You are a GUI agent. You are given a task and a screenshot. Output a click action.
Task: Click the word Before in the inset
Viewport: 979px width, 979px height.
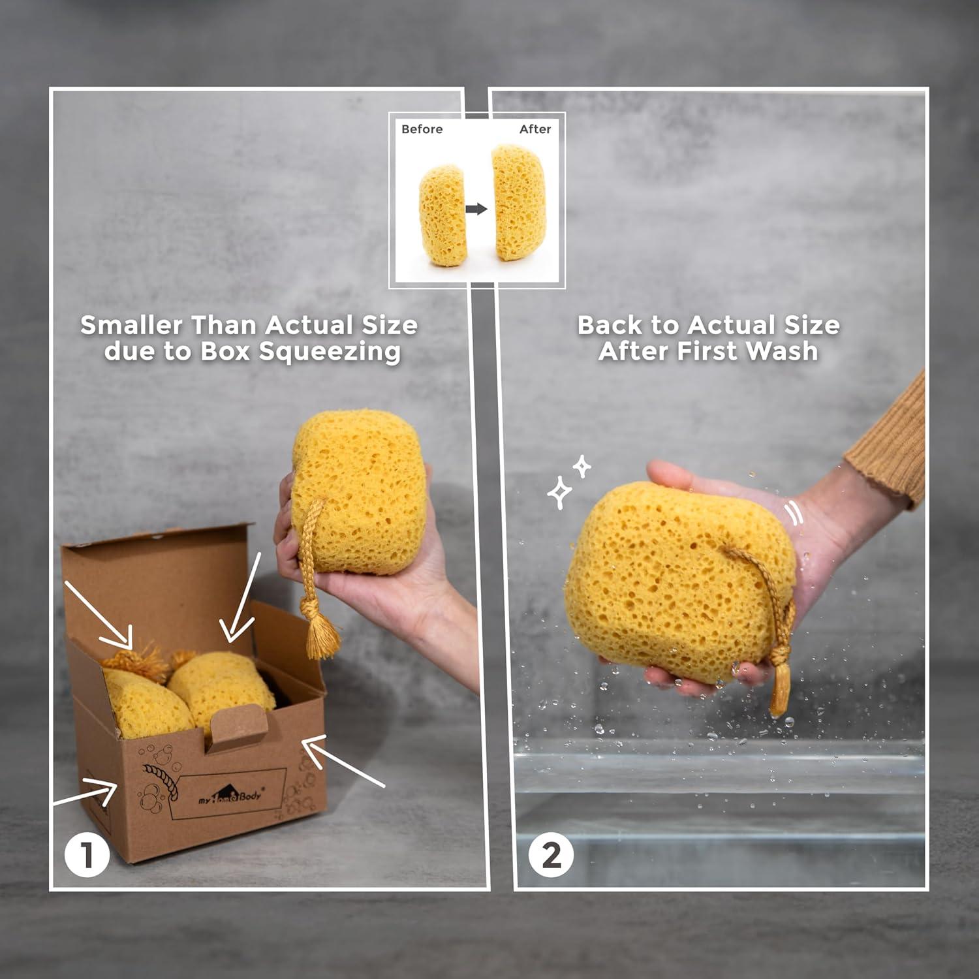(x=422, y=129)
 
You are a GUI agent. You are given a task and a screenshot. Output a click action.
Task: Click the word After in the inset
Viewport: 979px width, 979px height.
(x=535, y=129)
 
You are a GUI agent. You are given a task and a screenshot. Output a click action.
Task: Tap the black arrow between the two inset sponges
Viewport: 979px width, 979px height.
(x=477, y=209)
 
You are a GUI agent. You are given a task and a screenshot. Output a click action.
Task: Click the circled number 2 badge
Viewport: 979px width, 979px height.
(x=551, y=854)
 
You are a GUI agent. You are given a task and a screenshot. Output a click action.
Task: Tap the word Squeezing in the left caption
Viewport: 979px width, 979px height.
(x=330, y=351)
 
